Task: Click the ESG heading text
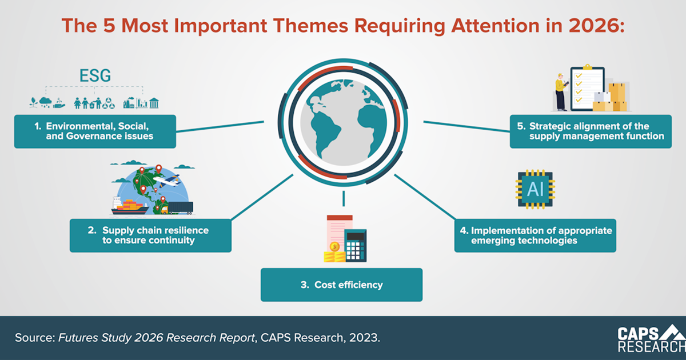pyautogui.click(x=95, y=75)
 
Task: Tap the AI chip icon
pyautogui.click(x=535, y=189)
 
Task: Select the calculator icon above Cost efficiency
pyautogui.click(x=355, y=246)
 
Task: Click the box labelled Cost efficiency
pyautogui.click(x=341, y=285)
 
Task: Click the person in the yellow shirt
pyautogui.click(x=561, y=92)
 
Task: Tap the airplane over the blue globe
pyautogui.click(x=166, y=181)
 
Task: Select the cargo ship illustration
pyautogui.click(x=129, y=206)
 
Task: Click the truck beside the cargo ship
pyautogui.click(x=177, y=208)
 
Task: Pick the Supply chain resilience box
pyautogui.click(x=150, y=235)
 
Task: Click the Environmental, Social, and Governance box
pyautogui.click(x=95, y=131)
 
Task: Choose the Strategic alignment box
pyautogui.click(x=591, y=131)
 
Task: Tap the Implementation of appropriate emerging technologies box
pyautogui.click(x=535, y=235)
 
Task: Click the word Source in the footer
pyautogui.click(x=33, y=338)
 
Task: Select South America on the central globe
pyautogui.click(x=325, y=132)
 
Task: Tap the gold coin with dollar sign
pyautogui.click(x=334, y=246)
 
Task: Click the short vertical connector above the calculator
pyautogui.click(x=344, y=198)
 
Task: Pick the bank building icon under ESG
pyautogui.click(x=154, y=103)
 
